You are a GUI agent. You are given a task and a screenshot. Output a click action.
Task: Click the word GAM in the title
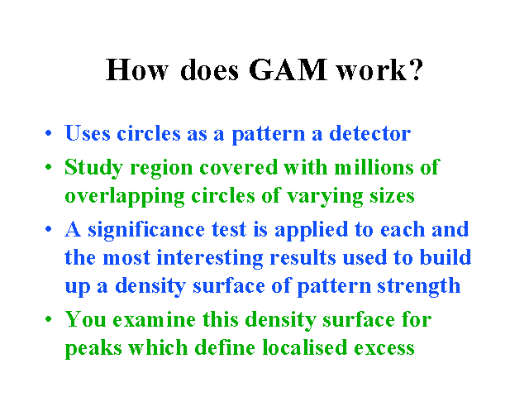(288, 69)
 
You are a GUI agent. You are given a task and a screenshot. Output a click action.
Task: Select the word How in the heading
(136, 69)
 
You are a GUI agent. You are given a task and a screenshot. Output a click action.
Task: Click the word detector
(369, 133)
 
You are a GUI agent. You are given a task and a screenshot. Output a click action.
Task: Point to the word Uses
(88, 133)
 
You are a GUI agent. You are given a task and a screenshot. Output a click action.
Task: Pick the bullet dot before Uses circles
(49, 132)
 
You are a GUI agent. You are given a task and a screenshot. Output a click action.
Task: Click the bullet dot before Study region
(49, 166)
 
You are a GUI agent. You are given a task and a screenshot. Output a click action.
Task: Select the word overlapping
(125, 196)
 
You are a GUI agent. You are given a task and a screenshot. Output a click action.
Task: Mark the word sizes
(392, 196)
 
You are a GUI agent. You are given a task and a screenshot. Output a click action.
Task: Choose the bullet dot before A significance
(49, 228)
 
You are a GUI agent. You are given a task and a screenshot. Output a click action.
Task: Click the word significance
(146, 230)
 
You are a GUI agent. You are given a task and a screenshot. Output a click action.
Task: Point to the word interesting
(210, 258)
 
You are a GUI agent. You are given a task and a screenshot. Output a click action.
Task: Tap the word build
(446, 257)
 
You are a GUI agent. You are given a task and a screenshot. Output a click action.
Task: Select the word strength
(419, 286)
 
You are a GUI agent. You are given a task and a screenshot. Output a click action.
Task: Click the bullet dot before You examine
(49, 318)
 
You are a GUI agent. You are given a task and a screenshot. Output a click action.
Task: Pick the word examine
(155, 319)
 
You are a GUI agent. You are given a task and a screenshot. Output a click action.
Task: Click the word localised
(305, 347)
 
